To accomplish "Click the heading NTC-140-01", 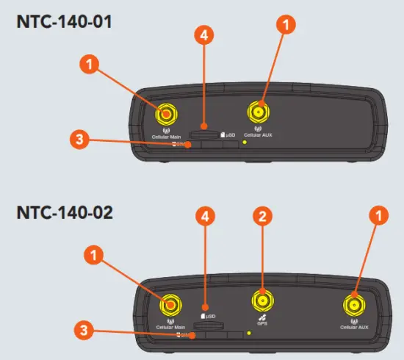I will [x=65, y=21].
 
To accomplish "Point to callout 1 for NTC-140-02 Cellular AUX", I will [x=377, y=217].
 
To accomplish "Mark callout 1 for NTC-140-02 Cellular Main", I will [x=93, y=256].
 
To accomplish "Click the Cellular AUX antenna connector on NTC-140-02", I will [x=354, y=304].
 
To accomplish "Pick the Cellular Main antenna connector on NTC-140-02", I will [x=170, y=305].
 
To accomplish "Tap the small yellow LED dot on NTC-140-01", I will [x=245, y=142].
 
